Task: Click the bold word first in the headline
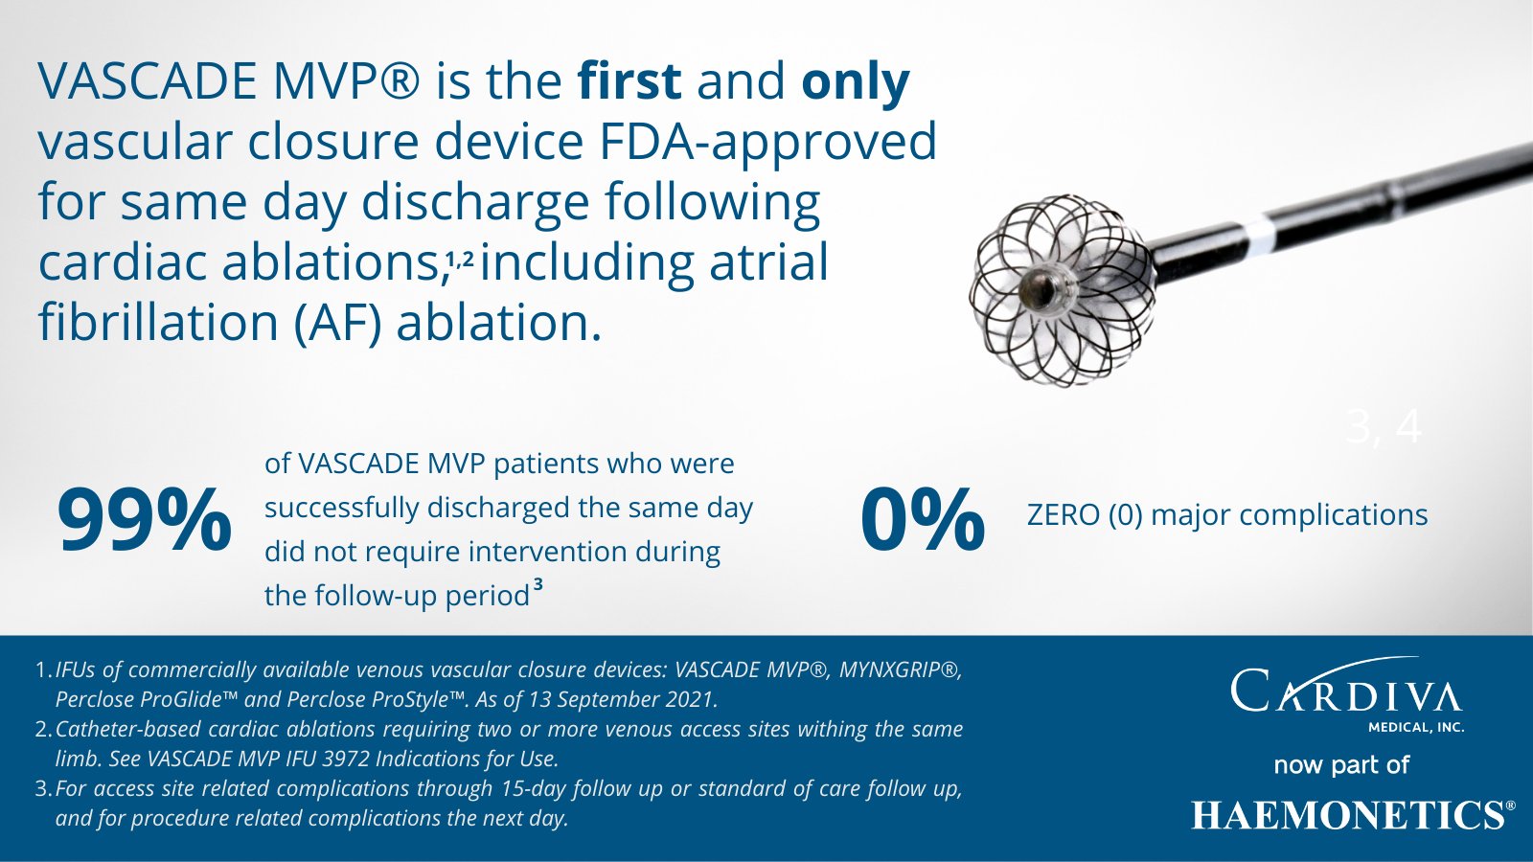tap(629, 81)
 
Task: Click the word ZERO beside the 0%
tap(1064, 515)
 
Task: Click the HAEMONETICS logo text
tap(1347, 815)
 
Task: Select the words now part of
tap(1341, 765)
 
